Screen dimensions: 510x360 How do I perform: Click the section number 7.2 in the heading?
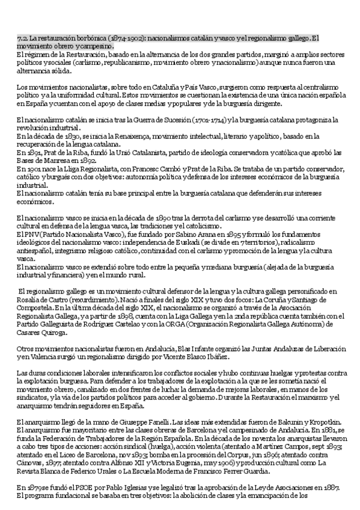coord(23,38)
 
